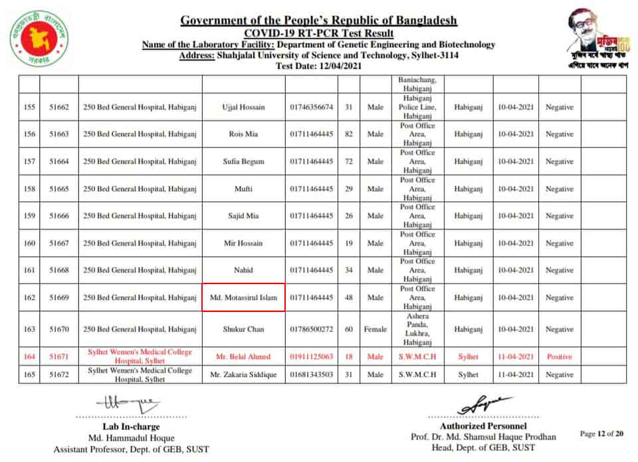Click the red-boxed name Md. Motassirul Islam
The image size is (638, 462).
[x=244, y=298]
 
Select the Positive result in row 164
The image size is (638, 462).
[x=559, y=356]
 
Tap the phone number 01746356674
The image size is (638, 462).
[x=311, y=108]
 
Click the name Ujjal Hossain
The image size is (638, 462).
[x=244, y=108]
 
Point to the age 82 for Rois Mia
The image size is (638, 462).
[x=348, y=134]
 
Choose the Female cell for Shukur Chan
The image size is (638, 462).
[x=375, y=329]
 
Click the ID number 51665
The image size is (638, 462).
[x=59, y=189]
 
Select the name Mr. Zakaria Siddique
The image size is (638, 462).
[x=244, y=375]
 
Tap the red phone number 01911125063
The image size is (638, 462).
[x=311, y=356]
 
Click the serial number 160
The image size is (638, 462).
[x=29, y=244]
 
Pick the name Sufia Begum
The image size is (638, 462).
[x=244, y=162]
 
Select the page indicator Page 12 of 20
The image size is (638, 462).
[x=601, y=434]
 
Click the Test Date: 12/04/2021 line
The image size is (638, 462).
[x=318, y=66]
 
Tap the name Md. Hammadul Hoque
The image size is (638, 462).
[x=131, y=438]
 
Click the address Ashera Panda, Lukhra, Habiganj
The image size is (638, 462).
[x=417, y=329]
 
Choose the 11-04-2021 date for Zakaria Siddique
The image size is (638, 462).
[x=516, y=375]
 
